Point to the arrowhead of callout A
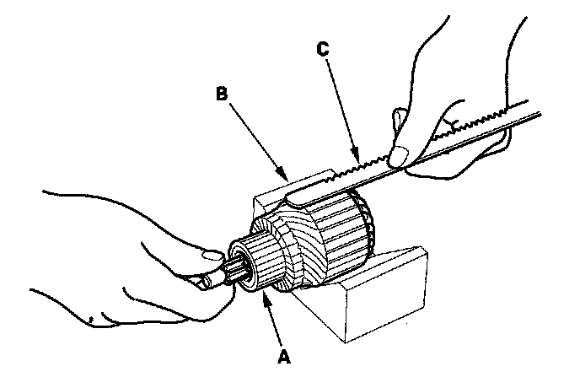pos(266,294)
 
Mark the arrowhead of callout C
pos(359,159)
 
